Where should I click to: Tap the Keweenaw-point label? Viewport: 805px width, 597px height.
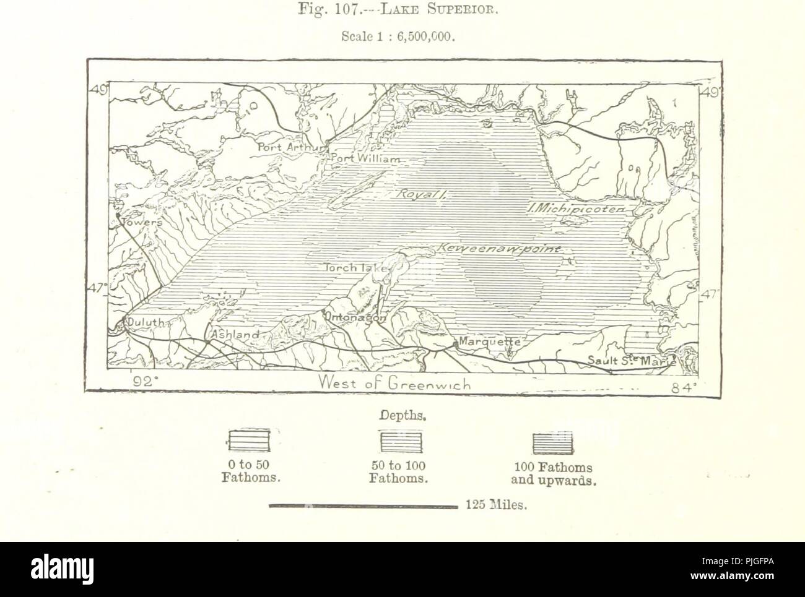[x=499, y=249]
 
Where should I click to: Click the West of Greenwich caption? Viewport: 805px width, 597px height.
[x=394, y=384]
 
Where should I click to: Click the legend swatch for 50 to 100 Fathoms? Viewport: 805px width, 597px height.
[x=401, y=442]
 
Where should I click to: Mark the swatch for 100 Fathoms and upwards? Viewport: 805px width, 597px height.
[x=553, y=442]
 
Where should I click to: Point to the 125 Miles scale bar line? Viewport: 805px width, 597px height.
[x=362, y=505]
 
